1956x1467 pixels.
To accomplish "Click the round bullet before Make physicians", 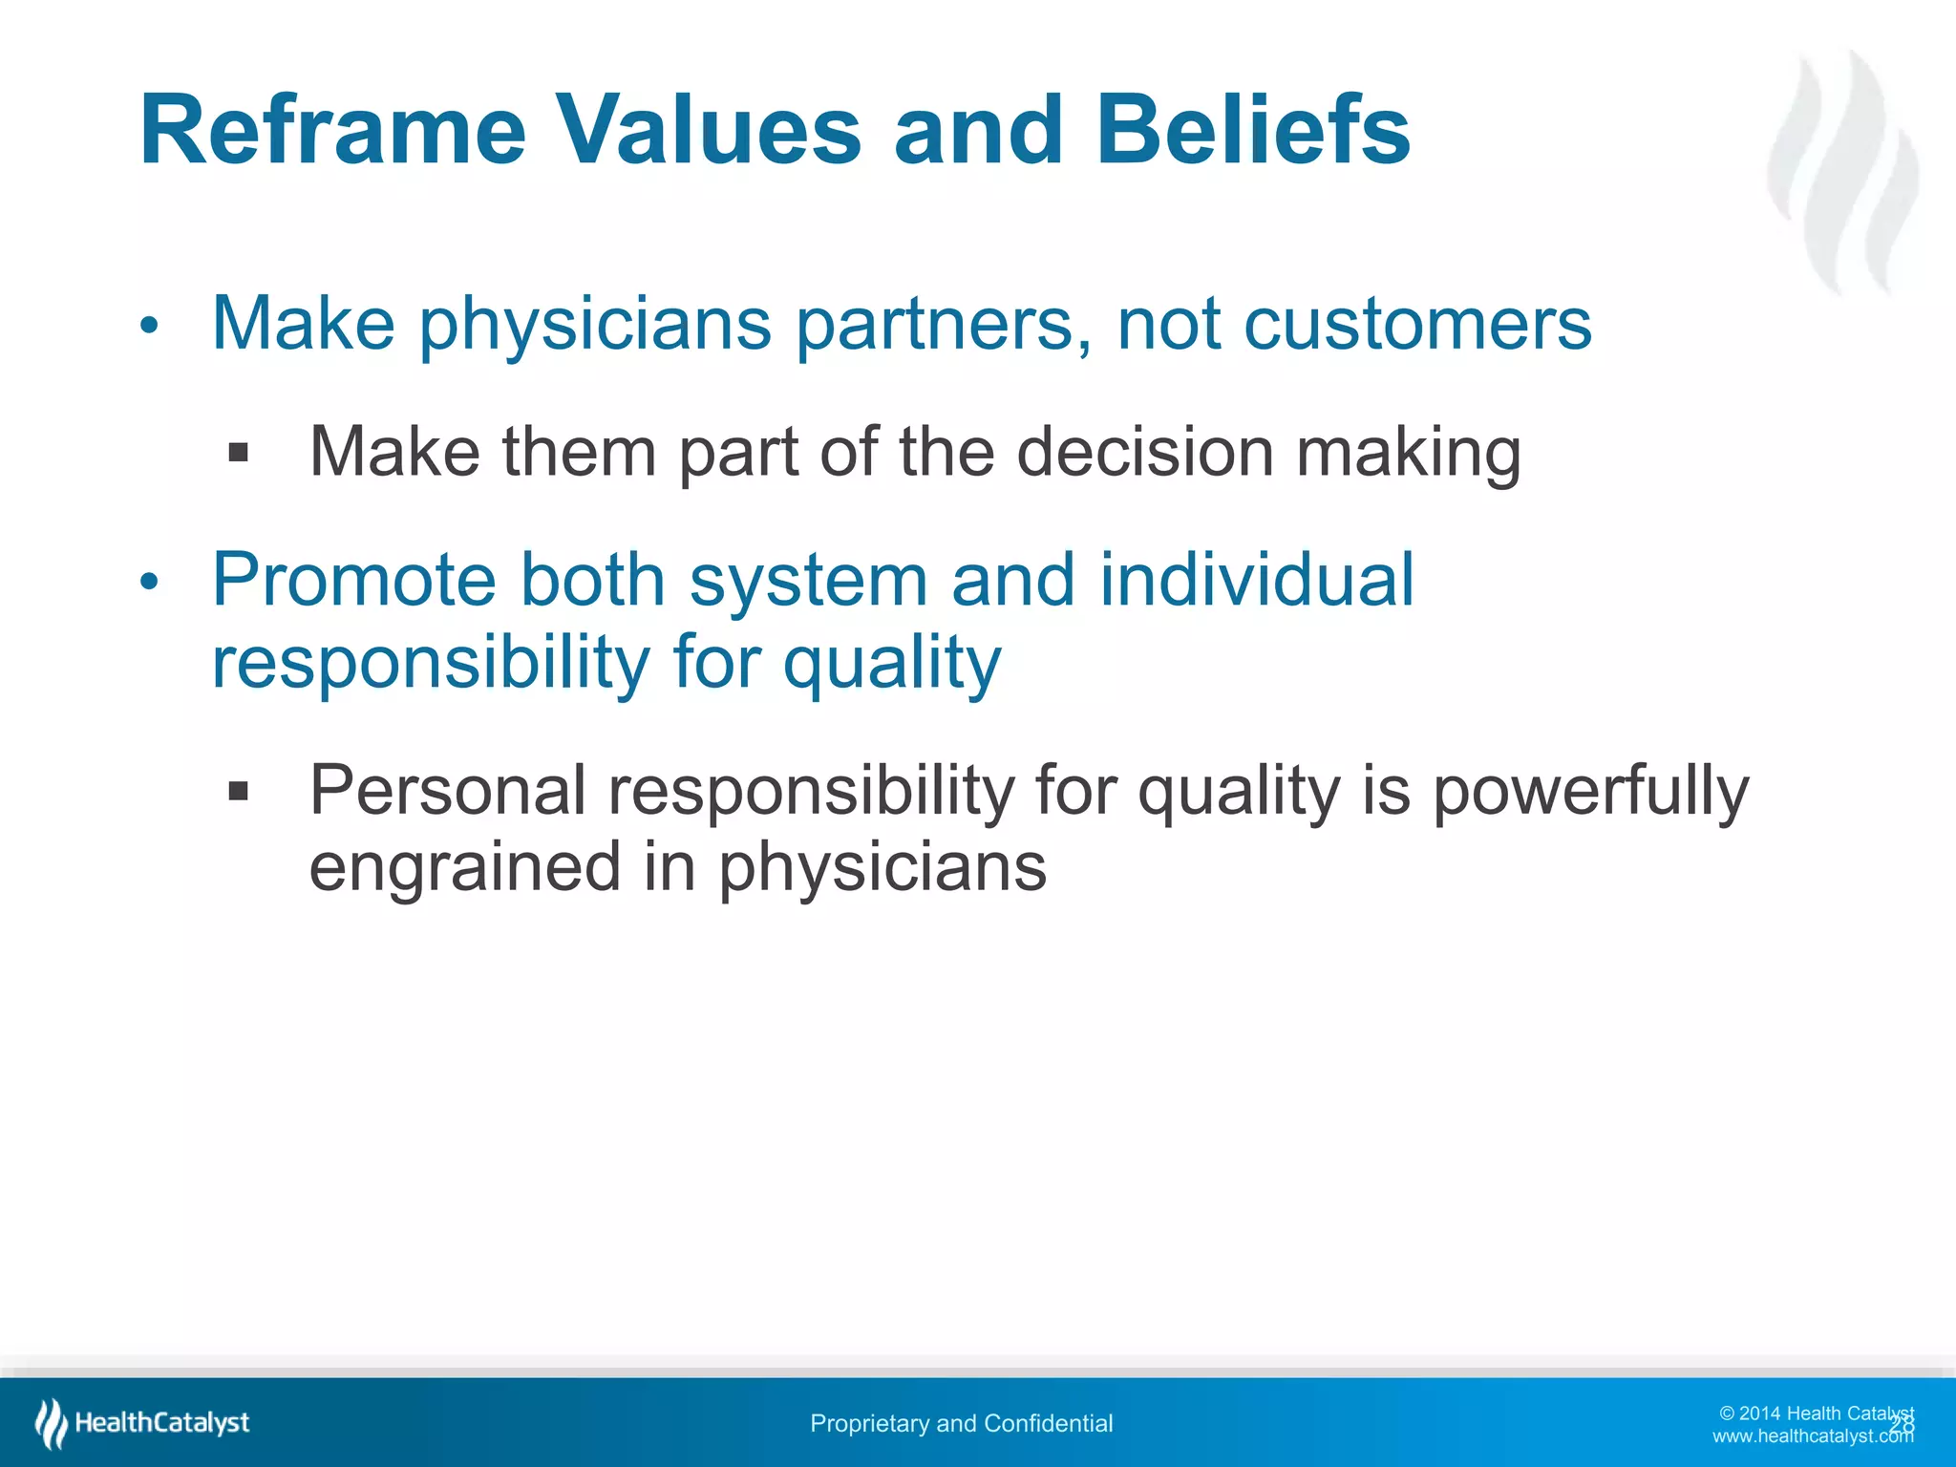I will click(x=148, y=327).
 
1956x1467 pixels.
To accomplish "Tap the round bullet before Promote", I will click(x=148, y=582).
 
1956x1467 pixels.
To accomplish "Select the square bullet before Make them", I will click(x=239, y=452).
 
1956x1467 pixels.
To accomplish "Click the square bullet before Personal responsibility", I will click(x=239, y=791).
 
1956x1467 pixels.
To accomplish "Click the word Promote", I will click(x=352, y=580).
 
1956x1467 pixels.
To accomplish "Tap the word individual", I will click(x=1256, y=580).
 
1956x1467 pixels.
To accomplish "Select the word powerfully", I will click(x=1590, y=791).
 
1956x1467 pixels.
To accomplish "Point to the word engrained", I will click(x=465, y=867).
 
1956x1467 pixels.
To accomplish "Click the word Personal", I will click(x=447, y=791).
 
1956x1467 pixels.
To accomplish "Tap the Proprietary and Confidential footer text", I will click(x=961, y=1424).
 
